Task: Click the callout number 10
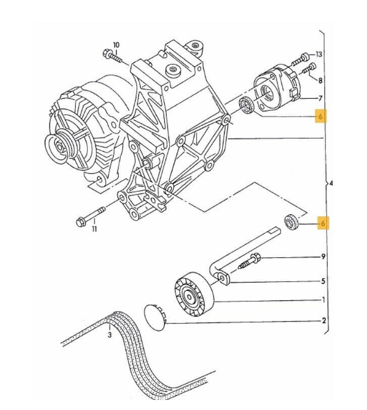116,45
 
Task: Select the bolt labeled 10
112,56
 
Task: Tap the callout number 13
319,54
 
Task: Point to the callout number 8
320,79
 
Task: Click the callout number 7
320,98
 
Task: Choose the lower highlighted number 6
323,223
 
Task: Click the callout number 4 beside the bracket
331,183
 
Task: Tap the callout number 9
324,257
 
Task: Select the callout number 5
324,281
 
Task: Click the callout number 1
324,300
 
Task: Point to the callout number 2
324,321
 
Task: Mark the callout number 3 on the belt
110,334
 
